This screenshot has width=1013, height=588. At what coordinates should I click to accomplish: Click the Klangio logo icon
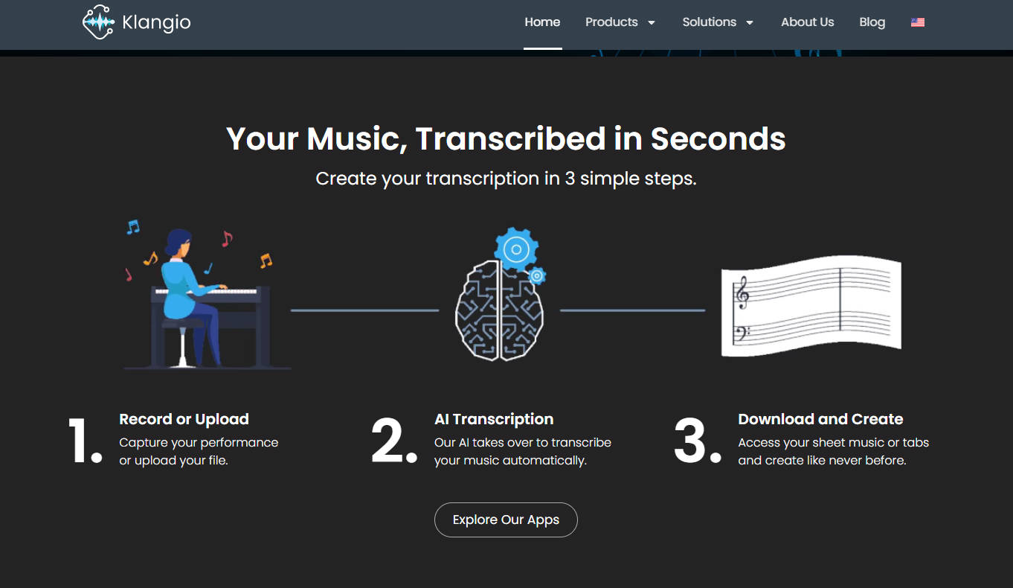[x=98, y=22]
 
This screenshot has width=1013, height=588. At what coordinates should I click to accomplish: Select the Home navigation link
[x=542, y=22]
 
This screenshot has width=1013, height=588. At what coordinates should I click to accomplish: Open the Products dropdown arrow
[x=652, y=22]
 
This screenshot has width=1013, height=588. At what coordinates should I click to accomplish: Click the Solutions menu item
[x=709, y=22]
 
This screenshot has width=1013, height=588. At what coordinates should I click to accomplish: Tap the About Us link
[x=807, y=22]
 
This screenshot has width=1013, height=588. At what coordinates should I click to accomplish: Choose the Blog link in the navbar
[x=872, y=22]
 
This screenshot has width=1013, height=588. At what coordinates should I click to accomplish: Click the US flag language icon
[x=918, y=22]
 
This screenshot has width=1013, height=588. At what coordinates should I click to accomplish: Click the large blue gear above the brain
[x=516, y=249]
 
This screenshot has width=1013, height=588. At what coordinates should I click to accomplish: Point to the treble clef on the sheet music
[x=742, y=293]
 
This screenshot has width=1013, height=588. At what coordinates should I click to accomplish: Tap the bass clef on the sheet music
[x=742, y=333]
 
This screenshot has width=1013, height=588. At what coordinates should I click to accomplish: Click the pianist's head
[x=179, y=243]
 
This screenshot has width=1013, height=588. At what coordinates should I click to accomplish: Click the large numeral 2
[x=388, y=441]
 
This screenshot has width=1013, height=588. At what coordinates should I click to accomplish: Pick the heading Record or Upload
[x=184, y=419]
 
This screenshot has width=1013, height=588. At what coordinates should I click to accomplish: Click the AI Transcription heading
[x=494, y=419]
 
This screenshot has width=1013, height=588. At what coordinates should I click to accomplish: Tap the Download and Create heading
[x=820, y=419]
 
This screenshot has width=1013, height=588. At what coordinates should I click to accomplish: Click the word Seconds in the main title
[x=718, y=138]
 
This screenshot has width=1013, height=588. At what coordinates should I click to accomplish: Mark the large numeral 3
[x=690, y=441]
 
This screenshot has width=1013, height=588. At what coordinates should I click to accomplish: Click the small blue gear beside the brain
[x=537, y=275]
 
